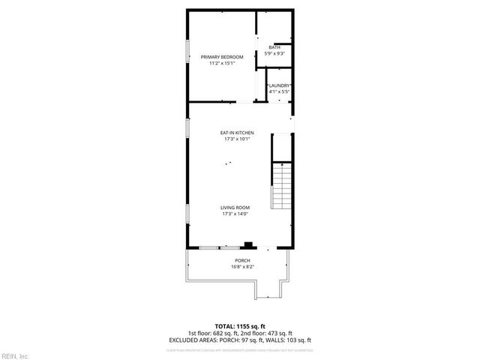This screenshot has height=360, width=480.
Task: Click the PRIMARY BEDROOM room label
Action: coord(222,57)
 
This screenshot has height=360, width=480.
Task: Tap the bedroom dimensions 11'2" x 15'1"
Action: coord(222,64)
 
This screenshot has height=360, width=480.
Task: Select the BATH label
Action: coord(274,48)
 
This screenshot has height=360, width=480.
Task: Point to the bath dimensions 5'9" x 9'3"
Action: coord(274,54)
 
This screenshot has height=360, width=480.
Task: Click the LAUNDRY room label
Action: coord(280,85)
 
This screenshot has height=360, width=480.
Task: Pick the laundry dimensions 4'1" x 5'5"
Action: coord(280,91)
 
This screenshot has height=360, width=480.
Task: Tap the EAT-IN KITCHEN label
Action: coord(237,133)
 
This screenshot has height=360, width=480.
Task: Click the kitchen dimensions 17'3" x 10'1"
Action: coord(237,139)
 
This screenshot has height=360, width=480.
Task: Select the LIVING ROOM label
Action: coord(235,207)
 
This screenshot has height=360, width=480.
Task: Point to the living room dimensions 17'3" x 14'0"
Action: coord(235,214)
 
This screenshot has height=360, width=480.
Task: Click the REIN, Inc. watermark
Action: coord(15,355)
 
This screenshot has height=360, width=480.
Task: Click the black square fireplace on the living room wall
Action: coord(247,244)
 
